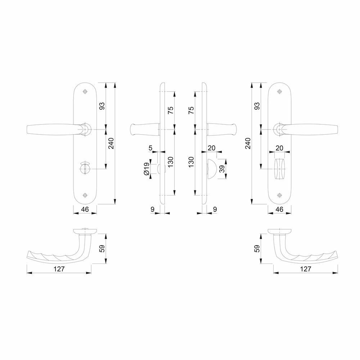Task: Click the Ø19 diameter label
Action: (x=147, y=169)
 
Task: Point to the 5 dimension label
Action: (x=150, y=148)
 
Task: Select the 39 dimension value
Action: (x=222, y=169)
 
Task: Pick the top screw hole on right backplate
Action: (x=279, y=91)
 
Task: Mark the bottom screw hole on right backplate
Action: (x=279, y=195)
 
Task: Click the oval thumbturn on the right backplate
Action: (x=279, y=169)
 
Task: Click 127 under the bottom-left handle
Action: (x=59, y=269)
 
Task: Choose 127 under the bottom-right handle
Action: (x=306, y=269)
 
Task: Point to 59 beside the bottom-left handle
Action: (x=102, y=248)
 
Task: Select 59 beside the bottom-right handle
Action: (x=257, y=248)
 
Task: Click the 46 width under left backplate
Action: (x=85, y=209)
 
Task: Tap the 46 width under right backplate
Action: (x=279, y=209)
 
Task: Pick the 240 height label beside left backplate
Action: (x=111, y=143)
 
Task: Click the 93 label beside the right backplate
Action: (x=257, y=106)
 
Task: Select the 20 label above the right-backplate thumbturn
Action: (x=279, y=148)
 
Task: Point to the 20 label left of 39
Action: (x=211, y=148)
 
